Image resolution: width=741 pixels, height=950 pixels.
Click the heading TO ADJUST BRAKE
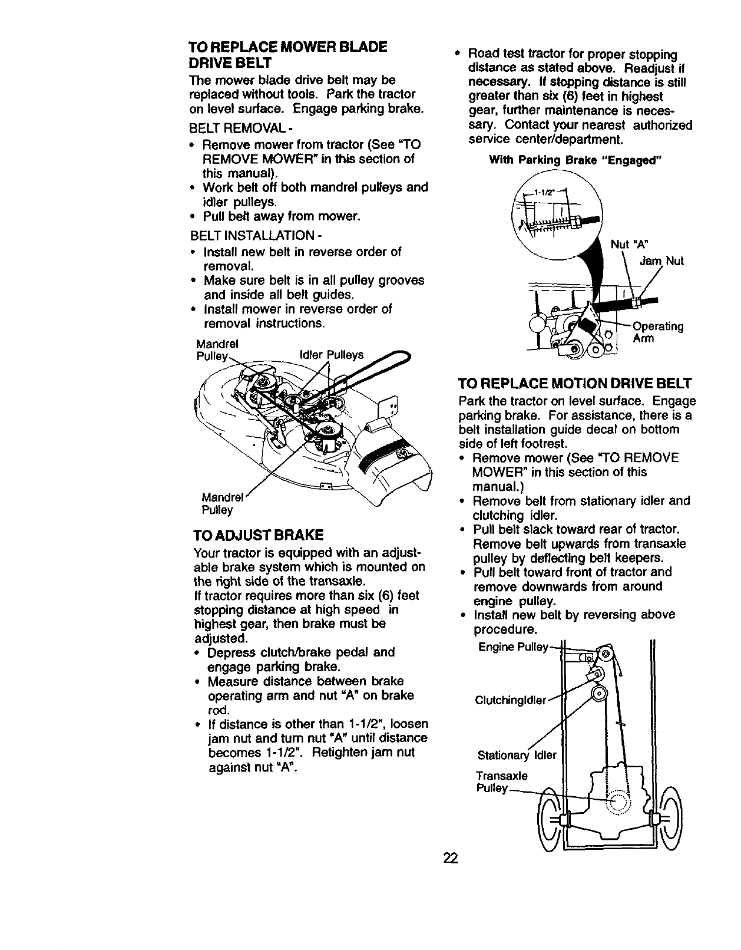pyautogui.click(x=258, y=536)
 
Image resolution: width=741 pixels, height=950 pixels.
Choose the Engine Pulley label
pyautogui.click(x=512, y=646)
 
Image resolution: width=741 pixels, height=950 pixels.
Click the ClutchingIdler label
pyautogui.click(x=510, y=700)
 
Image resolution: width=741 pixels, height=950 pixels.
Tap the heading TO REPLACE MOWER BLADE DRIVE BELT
pyautogui.click(x=287, y=54)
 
